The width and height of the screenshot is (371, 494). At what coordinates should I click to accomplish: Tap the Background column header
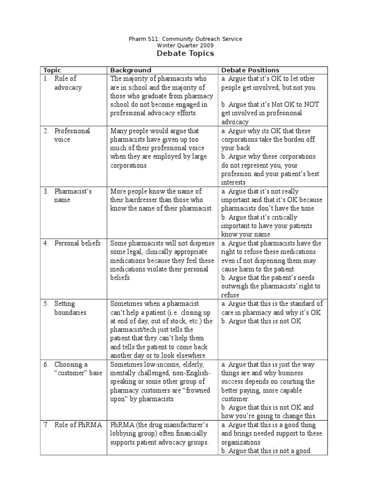point(131,70)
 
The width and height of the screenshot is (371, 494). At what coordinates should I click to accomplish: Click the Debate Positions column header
point(250,70)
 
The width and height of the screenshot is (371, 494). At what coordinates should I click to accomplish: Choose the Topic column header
point(52,70)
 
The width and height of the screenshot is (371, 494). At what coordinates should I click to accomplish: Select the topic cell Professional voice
point(71,135)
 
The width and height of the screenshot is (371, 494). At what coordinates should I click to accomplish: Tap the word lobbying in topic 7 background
point(128,434)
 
